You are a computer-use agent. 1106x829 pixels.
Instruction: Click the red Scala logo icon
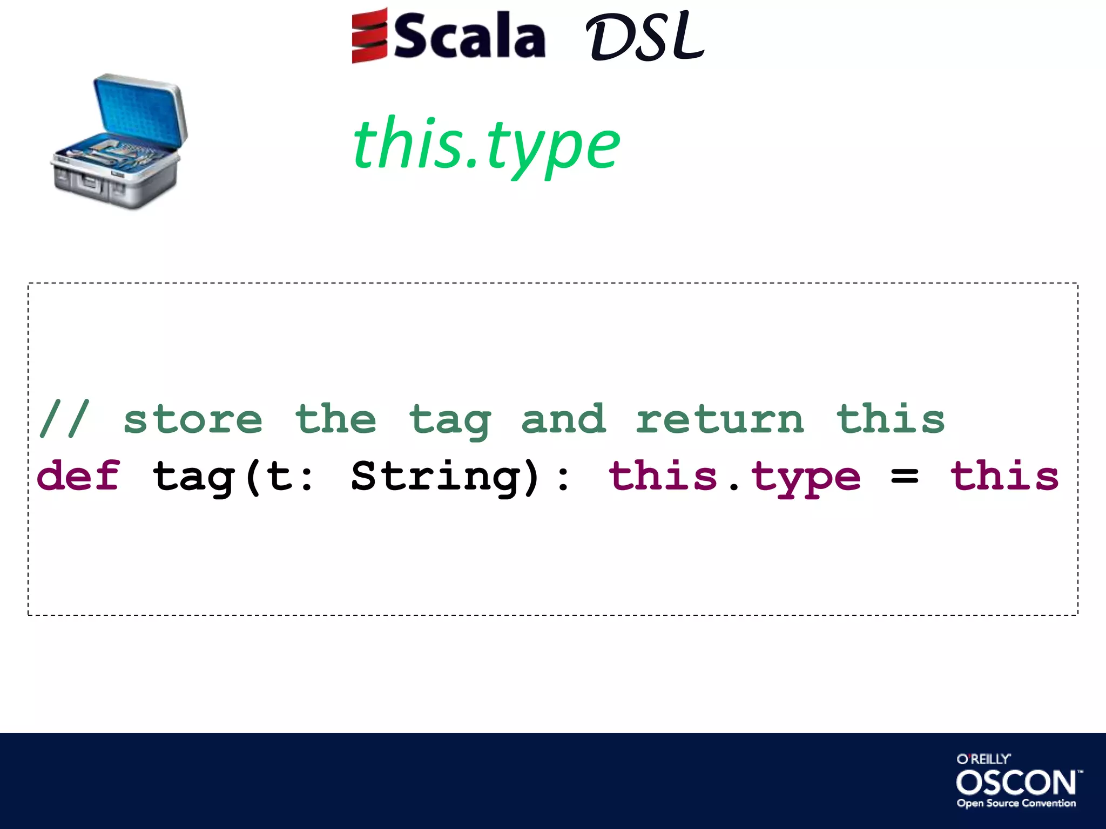click(369, 36)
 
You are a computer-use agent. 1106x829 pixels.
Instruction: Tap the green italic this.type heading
click(486, 145)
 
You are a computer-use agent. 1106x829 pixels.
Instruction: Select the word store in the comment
click(193, 420)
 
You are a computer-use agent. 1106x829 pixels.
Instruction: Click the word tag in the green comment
click(450, 421)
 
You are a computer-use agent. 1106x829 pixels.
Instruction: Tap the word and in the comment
click(563, 419)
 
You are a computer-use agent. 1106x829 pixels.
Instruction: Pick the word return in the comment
click(719, 420)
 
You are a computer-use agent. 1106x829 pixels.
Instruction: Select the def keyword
click(78, 475)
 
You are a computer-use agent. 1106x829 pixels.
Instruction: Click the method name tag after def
click(193, 478)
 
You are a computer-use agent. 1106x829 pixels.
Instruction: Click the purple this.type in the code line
click(734, 477)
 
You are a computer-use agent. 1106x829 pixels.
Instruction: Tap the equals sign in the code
click(905, 477)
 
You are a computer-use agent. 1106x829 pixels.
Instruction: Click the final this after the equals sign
click(1004, 475)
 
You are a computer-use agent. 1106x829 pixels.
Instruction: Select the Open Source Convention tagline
click(1016, 803)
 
